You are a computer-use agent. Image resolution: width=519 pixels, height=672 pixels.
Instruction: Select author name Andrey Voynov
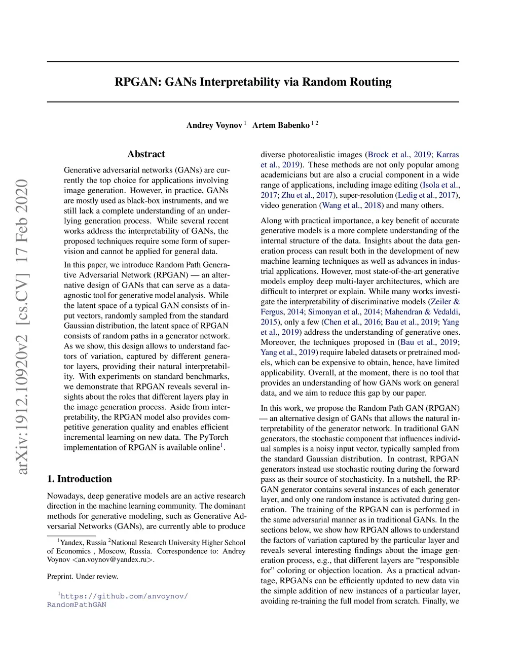[x=214, y=125]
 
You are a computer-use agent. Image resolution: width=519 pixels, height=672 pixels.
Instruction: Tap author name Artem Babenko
[x=281, y=125]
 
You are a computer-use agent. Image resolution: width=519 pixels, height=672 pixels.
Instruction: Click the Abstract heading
[x=146, y=154]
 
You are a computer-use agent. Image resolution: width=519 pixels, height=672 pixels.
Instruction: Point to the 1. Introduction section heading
[x=80, y=479]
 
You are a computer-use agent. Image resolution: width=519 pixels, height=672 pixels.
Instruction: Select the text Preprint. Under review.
[x=83, y=577]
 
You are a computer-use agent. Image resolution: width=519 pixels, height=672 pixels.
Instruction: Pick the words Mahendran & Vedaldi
[x=422, y=312]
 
